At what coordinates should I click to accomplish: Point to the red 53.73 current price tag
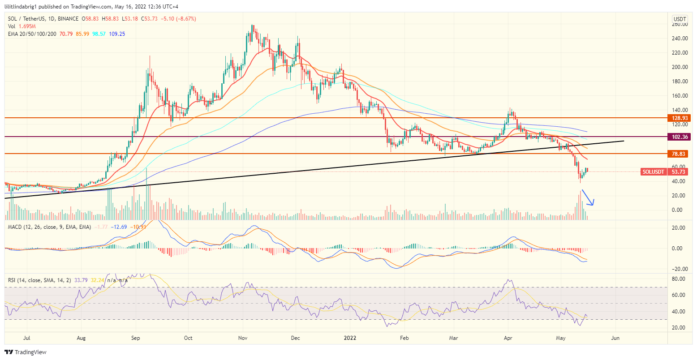(x=679, y=172)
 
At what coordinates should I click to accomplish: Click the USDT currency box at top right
(x=680, y=19)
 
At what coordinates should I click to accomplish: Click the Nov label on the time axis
(x=242, y=338)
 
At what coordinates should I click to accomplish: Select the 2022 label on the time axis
(x=350, y=338)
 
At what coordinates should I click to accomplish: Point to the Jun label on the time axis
(x=615, y=338)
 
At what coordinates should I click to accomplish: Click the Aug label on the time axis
(x=81, y=338)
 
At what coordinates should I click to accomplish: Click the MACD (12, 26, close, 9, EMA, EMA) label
(x=49, y=227)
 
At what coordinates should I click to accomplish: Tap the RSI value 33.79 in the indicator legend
(x=81, y=280)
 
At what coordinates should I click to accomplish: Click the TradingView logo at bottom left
(x=26, y=352)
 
